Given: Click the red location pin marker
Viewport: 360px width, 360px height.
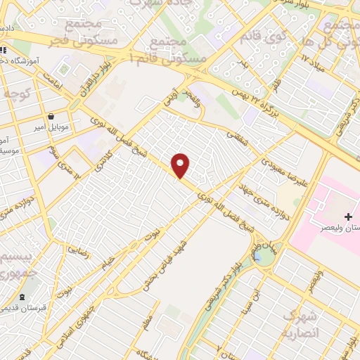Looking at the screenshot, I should click(x=181, y=165).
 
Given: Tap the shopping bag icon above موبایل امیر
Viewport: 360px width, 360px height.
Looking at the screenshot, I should click(x=51, y=117).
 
